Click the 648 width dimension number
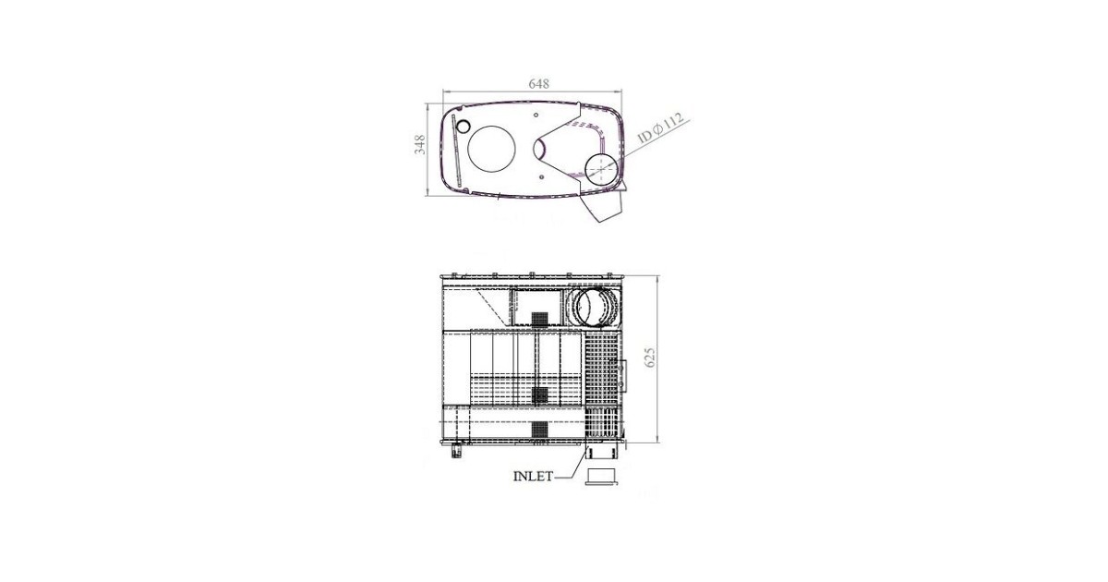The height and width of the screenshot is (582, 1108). [x=538, y=84]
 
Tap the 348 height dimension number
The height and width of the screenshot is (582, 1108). [x=419, y=144]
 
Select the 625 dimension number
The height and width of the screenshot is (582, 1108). [x=650, y=358]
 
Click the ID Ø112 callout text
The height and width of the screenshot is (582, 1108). [x=661, y=128]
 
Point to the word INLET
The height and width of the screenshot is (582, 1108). [x=533, y=476]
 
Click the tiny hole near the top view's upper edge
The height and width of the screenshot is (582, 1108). [x=536, y=115]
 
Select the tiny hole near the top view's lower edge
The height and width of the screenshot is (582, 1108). [x=542, y=176]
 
